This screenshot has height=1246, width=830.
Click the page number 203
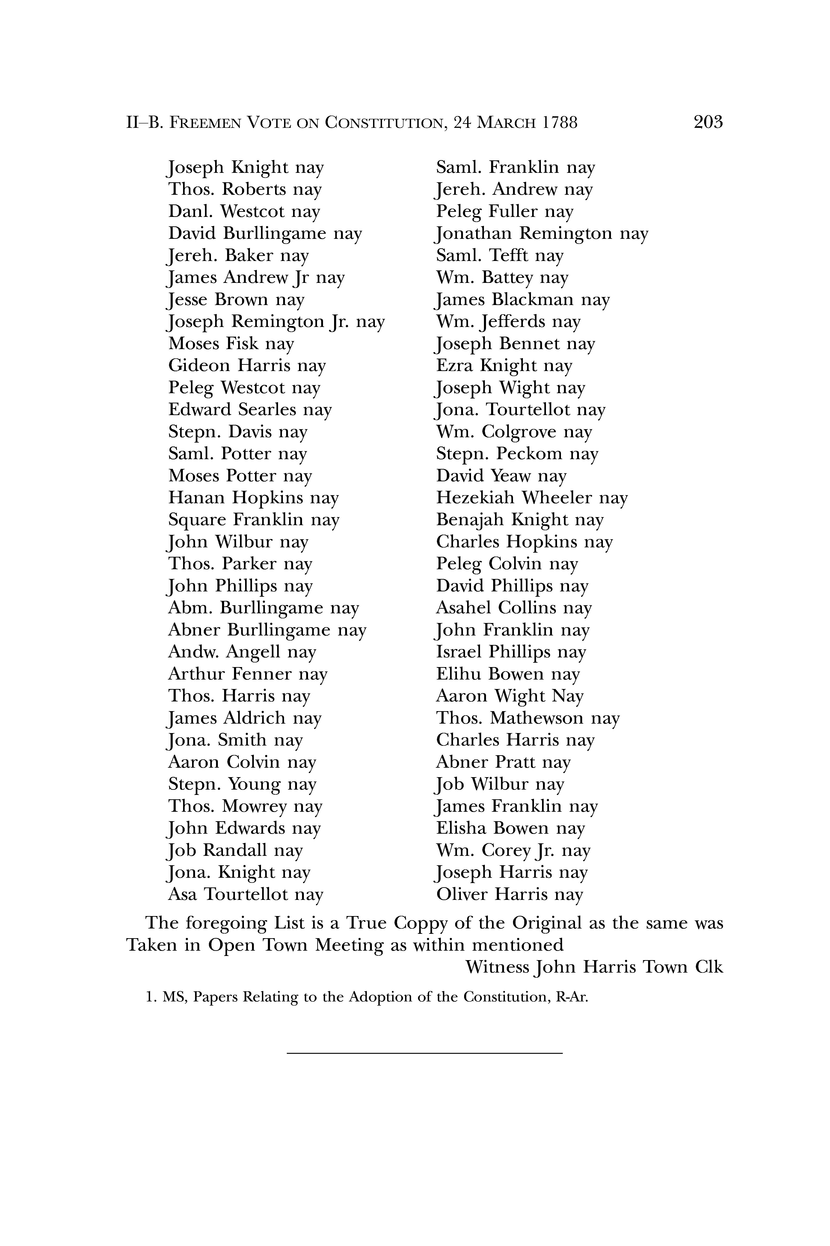[708, 122]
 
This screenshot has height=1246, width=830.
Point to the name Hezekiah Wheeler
[514, 498]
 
